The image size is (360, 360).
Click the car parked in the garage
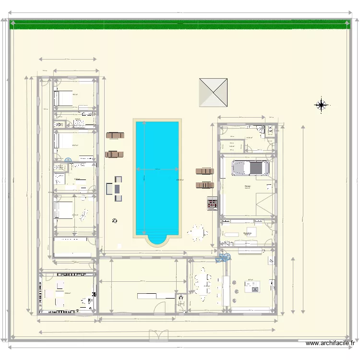(250, 168)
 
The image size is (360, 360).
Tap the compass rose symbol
(322, 104)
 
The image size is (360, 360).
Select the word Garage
(247, 186)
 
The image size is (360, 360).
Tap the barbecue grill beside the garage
(212, 203)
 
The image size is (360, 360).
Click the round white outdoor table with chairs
(197, 233)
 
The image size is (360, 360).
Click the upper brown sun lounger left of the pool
(115, 135)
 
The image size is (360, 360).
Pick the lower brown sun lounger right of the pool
(204, 185)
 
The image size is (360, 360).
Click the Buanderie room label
(248, 233)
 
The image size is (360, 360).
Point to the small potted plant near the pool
(114, 221)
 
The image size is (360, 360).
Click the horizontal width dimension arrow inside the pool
(157, 169)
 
